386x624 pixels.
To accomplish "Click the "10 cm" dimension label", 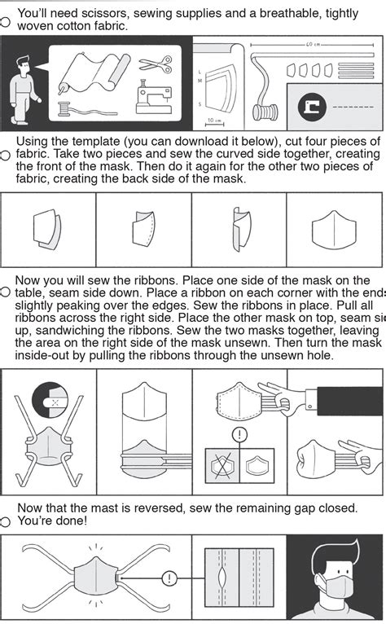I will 213,120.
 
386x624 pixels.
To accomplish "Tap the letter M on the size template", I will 199,81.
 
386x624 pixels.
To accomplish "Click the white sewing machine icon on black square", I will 311,104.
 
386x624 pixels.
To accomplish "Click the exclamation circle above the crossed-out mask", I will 240,434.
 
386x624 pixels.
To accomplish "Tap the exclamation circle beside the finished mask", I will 168,579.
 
